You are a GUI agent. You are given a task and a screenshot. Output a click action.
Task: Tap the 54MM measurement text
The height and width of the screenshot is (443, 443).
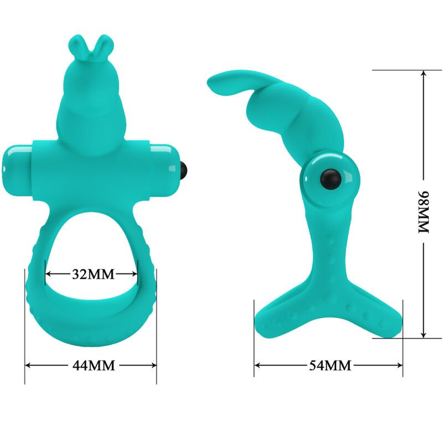(329, 365)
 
